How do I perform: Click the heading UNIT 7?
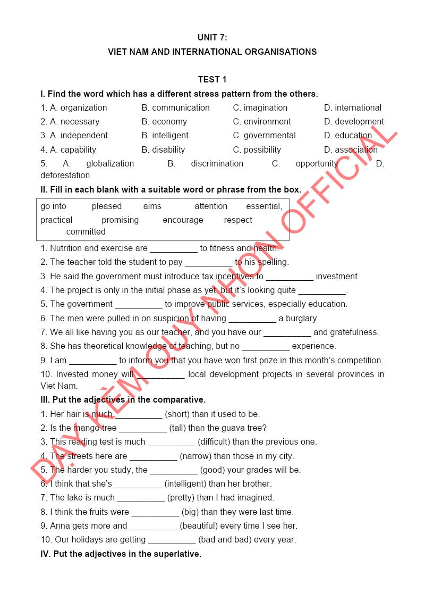pyautogui.click(x=212, y=38)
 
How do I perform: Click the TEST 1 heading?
pyautogui.click(x=212, y=80)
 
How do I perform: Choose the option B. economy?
pyautogui.click(x=164, y=122)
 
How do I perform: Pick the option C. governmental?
pyautogui.click(x=264, y=136)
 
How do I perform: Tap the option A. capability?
pyautogui.click(x=69, y=150)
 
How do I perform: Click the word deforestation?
pyautogui.click(x=65, y=176)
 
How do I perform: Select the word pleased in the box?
pyautogui.click(x=107, y=206)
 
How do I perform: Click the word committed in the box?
pyautogui.click(x=86, y=232)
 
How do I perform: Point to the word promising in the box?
pyautogui.click(x=120, y=220)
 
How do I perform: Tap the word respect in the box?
pyautogui.click(x=238, y=220)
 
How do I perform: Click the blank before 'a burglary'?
pyautogui.click(x=252, y=319)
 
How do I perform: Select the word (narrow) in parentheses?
pyautogui.click(x=197, y=456)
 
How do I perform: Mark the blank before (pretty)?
pyautogui.click(x=141, y=498)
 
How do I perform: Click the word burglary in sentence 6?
pyautogui.click(x=301, y=319)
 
